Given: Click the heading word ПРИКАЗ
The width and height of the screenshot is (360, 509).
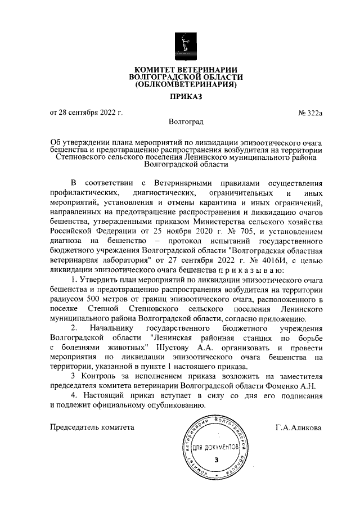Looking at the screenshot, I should (186, 97).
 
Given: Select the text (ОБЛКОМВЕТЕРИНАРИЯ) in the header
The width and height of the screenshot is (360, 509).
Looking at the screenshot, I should (186, 85).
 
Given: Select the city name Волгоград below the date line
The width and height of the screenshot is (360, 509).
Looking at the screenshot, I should (186, 121).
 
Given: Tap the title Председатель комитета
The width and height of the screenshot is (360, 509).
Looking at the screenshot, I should (93, 427).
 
